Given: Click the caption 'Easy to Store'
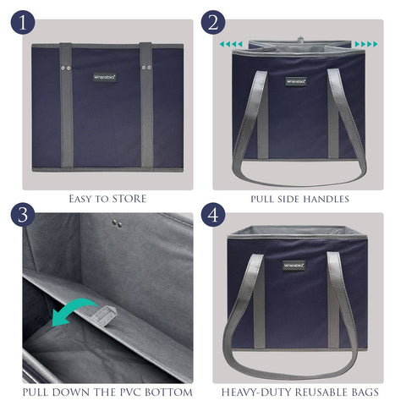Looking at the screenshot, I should (107, 199).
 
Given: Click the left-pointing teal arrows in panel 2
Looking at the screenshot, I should (231, 44).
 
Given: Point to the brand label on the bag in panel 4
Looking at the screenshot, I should (295, 265).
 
